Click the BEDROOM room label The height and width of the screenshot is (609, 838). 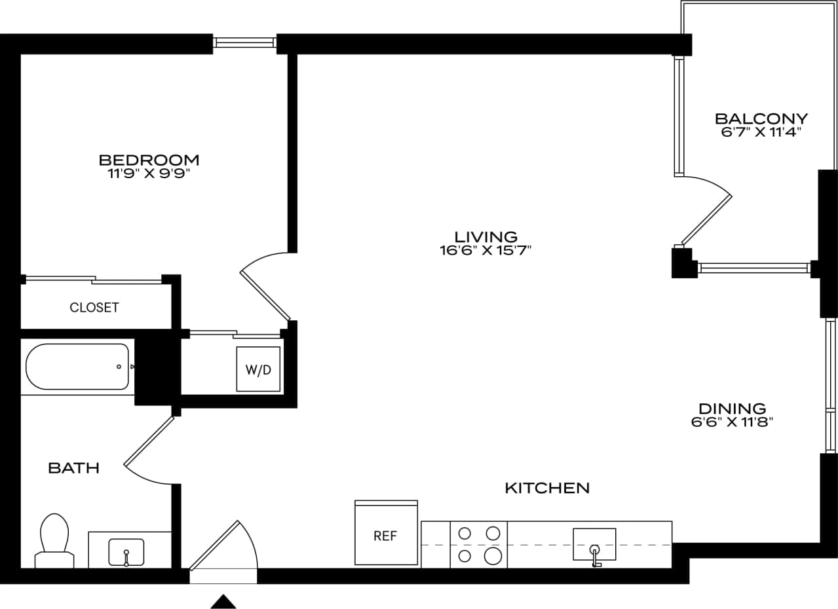tap(149, 160)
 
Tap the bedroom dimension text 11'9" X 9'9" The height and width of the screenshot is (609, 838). tap(149, 174)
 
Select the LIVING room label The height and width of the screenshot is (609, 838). tap(486, 236)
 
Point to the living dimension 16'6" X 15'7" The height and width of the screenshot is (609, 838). tap(486, 250)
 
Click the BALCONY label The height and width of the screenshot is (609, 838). tap(761, 119)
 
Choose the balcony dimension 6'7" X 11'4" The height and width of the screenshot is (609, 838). tap(761, 132)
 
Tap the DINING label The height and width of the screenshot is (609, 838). tap(732, 409)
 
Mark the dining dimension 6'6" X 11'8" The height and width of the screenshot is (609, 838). tap(732, 422)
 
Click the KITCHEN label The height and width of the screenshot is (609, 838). tap(547, 488)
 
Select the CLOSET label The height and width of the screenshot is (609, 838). tap(94, 307)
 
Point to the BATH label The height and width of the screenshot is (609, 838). tap(73, 468)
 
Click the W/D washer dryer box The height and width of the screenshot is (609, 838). tap(258, 369)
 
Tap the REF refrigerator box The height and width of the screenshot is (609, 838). tap(385, 536)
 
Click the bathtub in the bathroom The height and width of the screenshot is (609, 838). tap(77, 367)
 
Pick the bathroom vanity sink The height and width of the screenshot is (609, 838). tap(126, 552)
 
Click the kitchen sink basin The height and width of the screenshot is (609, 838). tap(594, 544)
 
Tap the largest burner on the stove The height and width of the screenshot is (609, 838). tap(493, 557)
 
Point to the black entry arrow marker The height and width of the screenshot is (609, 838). tap(223, 601)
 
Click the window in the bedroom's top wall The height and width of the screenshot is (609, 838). tap(244, 43)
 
